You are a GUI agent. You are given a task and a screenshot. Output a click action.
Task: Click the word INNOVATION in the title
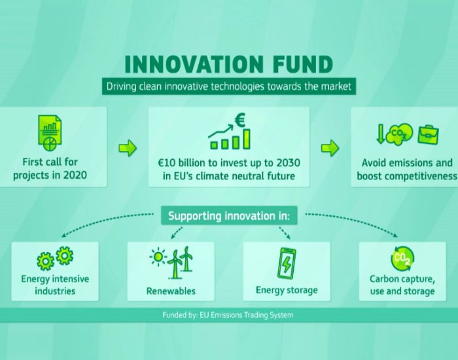coord(194,64)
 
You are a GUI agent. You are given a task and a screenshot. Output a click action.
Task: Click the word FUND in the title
coord(302,64)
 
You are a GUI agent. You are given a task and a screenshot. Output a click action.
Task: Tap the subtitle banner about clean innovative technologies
coord(229,86)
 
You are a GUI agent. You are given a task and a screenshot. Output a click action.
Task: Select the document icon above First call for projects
coord(50,133)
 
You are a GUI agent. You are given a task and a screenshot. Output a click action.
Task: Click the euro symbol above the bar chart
coord(240,120)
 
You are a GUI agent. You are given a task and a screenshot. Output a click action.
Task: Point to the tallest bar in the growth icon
coord(247,139)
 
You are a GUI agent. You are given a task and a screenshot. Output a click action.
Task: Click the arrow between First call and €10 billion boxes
coord(128,148)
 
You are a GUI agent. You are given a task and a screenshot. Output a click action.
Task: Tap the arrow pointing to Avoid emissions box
coord(330,148)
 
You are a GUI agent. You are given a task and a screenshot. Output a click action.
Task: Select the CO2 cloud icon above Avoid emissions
coord(399,134)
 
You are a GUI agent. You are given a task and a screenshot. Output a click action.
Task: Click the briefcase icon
coord(428,134)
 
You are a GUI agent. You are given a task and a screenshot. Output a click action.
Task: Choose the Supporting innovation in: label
coord(229,215)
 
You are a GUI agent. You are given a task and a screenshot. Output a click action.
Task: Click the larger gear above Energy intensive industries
coord(65,255)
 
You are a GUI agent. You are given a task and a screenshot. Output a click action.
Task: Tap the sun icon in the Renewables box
coord(158,257)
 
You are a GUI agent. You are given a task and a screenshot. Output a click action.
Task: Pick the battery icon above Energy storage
coord(287,264)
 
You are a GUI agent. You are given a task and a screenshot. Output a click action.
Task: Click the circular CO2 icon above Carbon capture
coord(402,259)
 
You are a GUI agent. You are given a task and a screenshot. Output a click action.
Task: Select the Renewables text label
coord(171,291)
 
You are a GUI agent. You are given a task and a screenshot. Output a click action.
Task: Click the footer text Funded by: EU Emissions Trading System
coord(228,315)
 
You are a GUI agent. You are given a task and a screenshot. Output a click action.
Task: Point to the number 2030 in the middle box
coord(288,163)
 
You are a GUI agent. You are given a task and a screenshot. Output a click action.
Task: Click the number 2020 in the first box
coord(75,175)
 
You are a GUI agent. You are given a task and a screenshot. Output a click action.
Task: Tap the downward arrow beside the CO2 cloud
coord(380,134)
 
